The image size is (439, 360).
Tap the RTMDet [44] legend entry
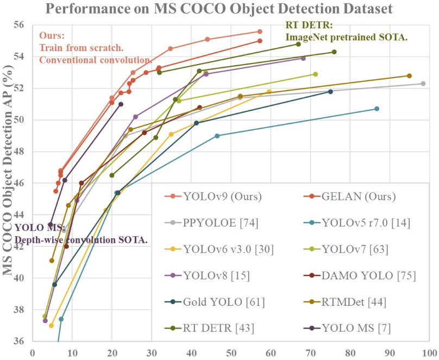tap(354, 302)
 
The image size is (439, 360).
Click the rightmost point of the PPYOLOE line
tap(423, 83)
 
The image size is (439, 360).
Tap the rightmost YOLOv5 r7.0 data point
tap(377, 109)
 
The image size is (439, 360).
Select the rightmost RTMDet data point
tap(409, 76)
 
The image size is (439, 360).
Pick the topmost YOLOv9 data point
tap(260, 31)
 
